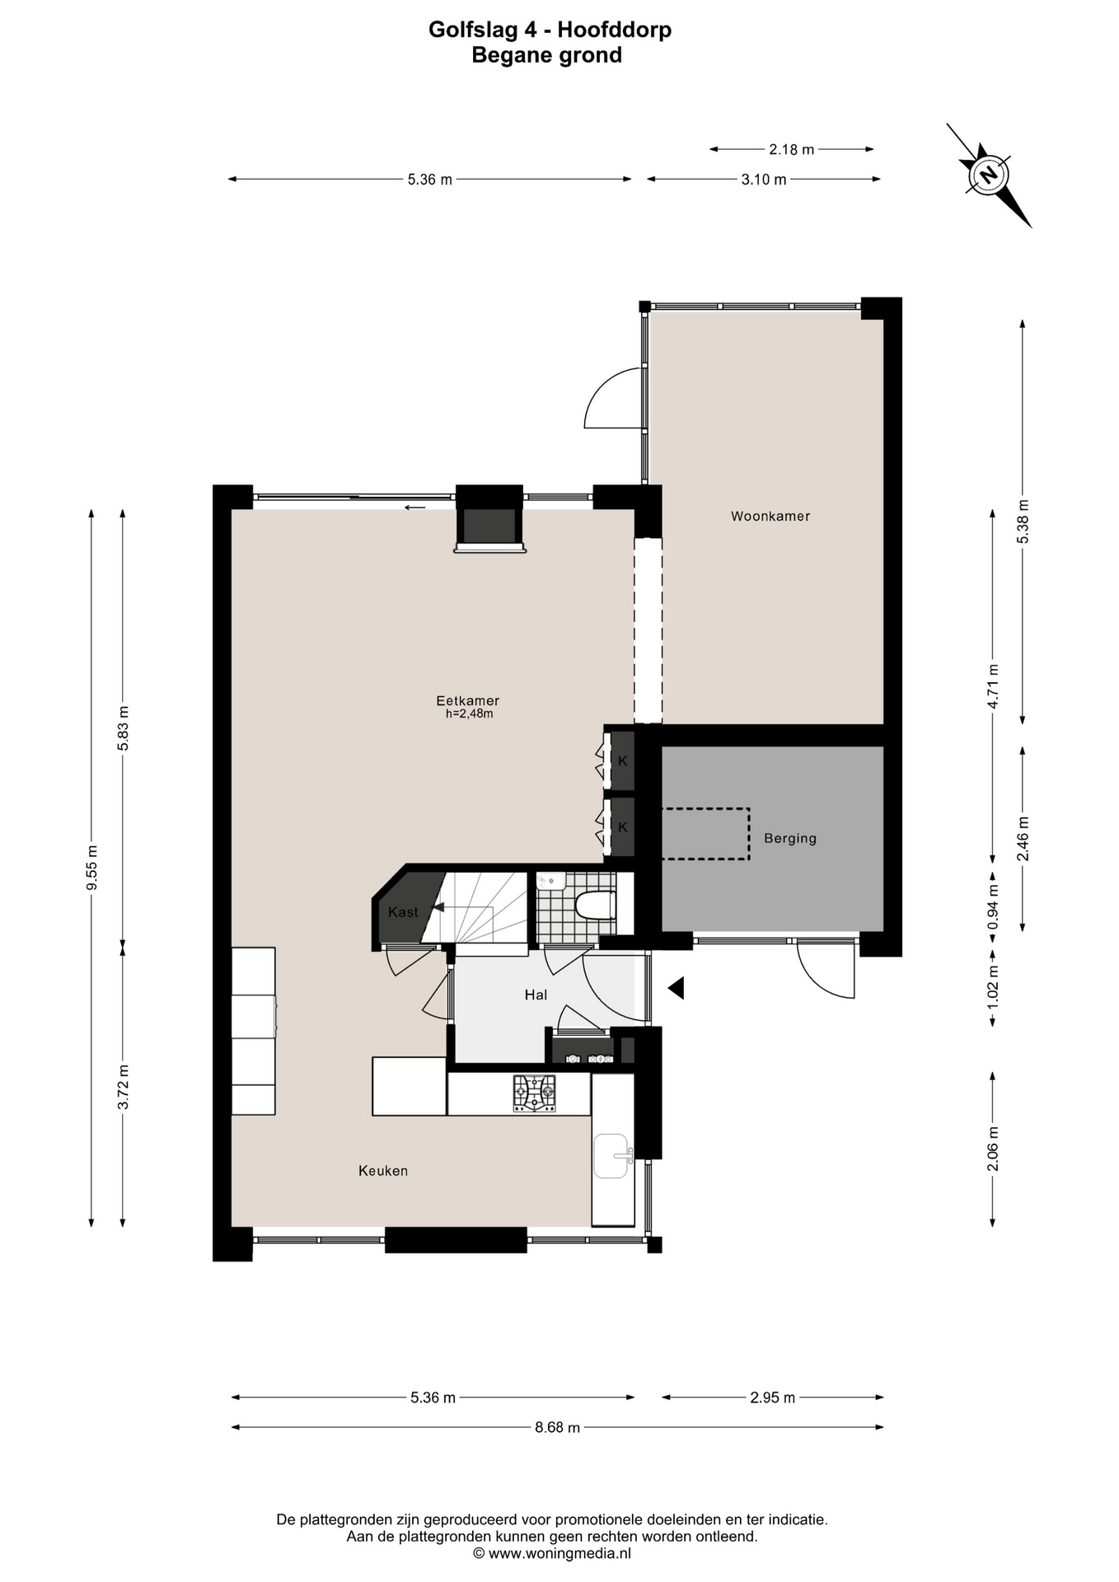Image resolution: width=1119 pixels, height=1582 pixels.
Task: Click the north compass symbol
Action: [x=988, y=175]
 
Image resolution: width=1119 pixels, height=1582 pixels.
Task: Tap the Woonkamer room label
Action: [x=770, y=517]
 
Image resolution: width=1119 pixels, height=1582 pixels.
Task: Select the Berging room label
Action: [x=790, y=839]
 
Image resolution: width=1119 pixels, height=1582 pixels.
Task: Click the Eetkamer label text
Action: [x=468, y=701]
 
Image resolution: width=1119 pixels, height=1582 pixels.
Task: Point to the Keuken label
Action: [x=383, y=1171]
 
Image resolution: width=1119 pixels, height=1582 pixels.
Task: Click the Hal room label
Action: [x=536, y=995]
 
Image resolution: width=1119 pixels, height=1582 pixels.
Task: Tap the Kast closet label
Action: [x=403, y=912]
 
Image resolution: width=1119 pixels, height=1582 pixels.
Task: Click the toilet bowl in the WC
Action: [x=596, y=906]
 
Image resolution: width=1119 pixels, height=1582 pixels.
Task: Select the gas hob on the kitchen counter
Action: [x=535, y=1094]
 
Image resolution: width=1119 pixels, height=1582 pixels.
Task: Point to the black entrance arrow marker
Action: [x=677, y=988]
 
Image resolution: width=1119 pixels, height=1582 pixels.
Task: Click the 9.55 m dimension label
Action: [x=92, y=868]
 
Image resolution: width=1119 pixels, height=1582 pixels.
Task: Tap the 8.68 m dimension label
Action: [x=557, y=1428]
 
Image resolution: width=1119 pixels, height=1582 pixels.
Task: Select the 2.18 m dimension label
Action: [x=791, y=149]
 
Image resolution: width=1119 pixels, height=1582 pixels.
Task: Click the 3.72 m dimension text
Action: [x=124, y=1087]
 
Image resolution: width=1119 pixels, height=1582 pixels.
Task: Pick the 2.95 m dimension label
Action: [x=772, y=1397]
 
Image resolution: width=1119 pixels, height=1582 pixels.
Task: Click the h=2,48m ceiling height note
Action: [x=469, y=714]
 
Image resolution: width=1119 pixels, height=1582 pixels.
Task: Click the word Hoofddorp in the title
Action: [x=614, y=30]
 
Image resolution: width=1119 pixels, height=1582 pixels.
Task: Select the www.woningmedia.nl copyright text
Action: [x=552, y=1554]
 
